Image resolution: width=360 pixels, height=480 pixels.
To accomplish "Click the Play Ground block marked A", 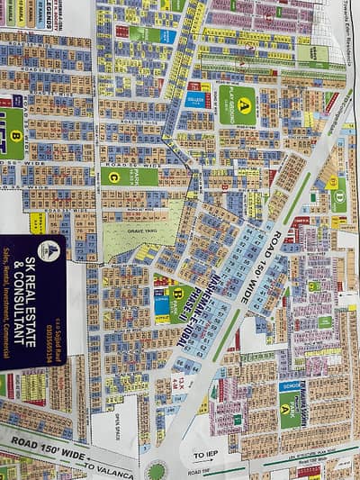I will [x=237, y=105].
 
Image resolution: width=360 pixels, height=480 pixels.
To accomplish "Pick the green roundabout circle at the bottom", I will [x=158, y=470].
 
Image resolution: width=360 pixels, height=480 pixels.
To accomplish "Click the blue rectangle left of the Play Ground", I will [x=197, y=99].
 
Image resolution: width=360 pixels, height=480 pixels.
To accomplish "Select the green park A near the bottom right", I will [x=289, y=410].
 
